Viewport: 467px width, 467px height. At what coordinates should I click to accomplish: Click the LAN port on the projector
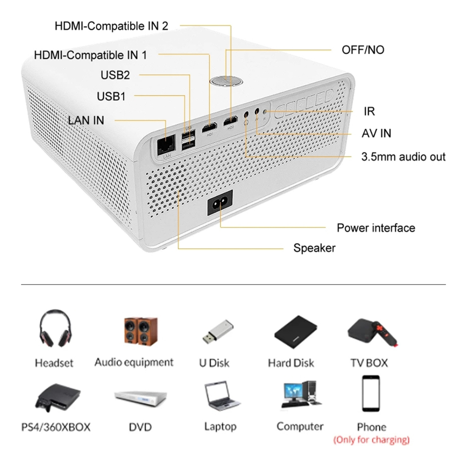point(166,145)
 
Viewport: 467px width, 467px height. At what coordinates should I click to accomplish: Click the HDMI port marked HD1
point(210,125)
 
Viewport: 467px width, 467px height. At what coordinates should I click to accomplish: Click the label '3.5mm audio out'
point(403,157)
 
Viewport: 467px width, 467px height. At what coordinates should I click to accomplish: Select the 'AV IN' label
point(376,133)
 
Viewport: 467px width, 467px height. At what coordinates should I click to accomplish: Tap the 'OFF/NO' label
point(363,50)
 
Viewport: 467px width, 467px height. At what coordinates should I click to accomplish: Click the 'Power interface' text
point(376,228)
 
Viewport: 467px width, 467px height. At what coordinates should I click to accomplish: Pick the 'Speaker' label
point(314,248)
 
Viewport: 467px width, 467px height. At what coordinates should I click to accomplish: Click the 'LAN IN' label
point(86,120)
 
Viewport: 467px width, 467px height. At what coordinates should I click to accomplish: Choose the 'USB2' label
point(115,75)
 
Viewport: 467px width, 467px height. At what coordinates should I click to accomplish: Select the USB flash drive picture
point(218,332)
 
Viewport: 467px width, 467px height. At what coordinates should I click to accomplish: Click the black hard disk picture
point(296,333)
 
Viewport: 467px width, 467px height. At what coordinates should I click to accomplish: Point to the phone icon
point(371,394)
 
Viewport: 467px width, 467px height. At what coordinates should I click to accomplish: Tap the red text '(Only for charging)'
point(371,440)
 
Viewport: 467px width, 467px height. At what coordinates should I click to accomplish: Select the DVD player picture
point(140,397)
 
